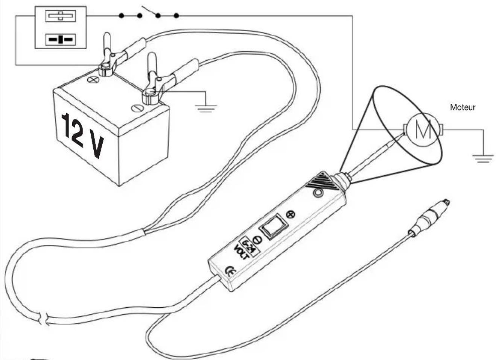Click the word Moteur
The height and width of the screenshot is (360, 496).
coord(463,108)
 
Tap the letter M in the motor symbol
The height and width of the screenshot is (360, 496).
coord(423,129)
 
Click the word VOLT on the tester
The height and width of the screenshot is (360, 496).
coord(242,253)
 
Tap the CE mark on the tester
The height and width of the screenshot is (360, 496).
coord(230,271)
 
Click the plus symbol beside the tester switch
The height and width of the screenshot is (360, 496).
coord(291,214)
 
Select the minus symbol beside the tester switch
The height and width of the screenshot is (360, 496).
coord(257,240)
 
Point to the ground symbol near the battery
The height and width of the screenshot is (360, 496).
coord(206,108)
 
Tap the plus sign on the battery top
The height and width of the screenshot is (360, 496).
coord(93,79)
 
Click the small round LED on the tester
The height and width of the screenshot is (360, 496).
coord(318,193)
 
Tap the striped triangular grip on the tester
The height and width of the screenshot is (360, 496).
coord(322,181)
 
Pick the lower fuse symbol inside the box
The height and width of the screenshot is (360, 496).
coord(61,39)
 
